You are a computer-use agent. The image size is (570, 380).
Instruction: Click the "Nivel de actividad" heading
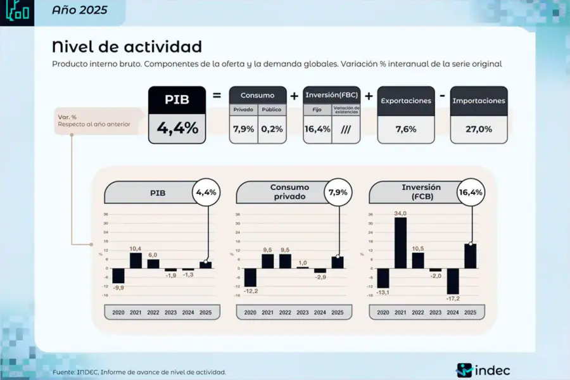127,46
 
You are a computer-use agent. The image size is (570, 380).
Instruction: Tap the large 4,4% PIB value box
177,128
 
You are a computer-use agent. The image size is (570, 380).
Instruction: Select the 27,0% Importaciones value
479,129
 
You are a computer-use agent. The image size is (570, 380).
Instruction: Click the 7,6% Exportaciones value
405,129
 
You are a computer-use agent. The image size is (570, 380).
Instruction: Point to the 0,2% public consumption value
272,129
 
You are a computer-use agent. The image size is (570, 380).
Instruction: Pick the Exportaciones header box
405,101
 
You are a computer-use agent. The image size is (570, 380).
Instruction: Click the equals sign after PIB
217,96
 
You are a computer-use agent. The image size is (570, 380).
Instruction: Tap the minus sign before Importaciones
441,96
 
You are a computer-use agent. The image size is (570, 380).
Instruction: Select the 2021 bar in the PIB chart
136,260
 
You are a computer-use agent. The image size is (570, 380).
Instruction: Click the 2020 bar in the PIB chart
118,275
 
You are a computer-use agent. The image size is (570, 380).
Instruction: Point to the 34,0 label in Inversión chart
400,213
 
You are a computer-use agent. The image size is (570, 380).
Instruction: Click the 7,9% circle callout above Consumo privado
338,192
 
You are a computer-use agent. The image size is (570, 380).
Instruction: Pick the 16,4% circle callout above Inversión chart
469,192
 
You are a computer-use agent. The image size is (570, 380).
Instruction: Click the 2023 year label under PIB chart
171,313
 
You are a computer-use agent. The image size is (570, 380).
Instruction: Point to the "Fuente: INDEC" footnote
139,372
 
